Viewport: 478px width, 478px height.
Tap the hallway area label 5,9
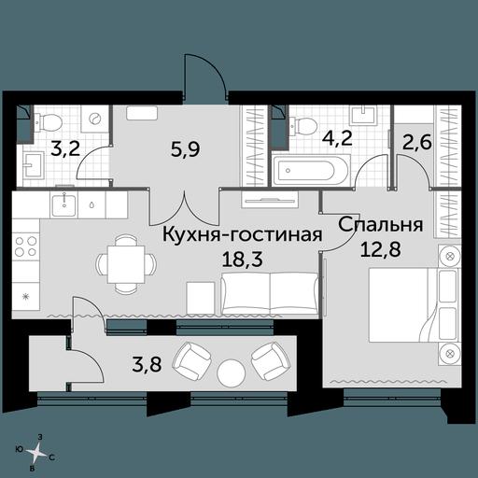185,149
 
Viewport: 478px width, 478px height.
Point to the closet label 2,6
417,142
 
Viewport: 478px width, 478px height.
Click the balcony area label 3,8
147,364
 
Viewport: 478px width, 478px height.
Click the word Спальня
381,225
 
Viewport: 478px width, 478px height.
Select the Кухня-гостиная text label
242,234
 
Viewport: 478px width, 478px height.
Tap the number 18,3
242,259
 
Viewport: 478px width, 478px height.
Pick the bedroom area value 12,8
380,249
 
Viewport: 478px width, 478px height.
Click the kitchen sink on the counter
63,204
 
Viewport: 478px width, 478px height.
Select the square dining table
126,264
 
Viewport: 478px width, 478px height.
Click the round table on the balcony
232,373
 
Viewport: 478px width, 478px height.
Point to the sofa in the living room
270,293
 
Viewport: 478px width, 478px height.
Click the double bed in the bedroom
415,305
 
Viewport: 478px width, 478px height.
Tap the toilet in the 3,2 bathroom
49,122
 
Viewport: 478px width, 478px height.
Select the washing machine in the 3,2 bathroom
94,119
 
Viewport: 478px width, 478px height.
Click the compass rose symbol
37,451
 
